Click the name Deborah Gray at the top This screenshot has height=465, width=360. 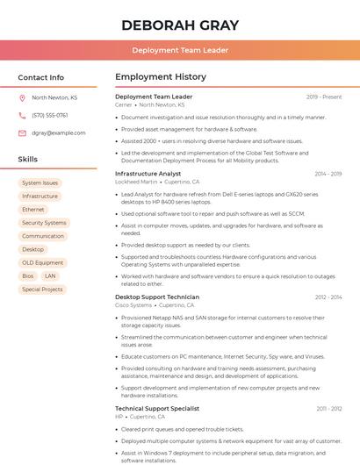[x=179, y=24]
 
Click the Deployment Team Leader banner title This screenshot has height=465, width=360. [x=180, y=51]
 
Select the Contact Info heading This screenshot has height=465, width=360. [x=40, y=77]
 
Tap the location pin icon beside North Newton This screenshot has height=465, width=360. [x=22, y=98]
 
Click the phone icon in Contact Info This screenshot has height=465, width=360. [x=22, y=116]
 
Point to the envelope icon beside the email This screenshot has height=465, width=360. [x=22, y=133]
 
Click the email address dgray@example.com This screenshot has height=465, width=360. [x=52, y=133]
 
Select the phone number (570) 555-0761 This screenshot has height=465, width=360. [x=49, y=116]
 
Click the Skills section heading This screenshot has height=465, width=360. [x=27, y=160]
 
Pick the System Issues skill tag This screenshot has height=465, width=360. [x=40, y=183]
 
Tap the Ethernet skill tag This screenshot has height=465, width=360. [x=32, y=210]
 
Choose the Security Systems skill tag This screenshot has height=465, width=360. [x=44, y=223]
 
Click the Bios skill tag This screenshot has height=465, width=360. [x=28, y=275]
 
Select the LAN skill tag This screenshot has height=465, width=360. [x=50, y=275]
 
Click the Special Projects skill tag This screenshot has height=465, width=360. [x=42, y=289]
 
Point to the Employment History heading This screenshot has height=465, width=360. [x=161, y=77]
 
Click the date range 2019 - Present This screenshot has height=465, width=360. [x=324, y=97]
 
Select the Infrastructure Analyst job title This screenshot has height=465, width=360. [x=148, y=174]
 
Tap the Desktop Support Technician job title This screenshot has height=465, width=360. [x=157, y=297]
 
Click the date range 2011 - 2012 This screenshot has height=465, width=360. [x=328, y=408]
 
